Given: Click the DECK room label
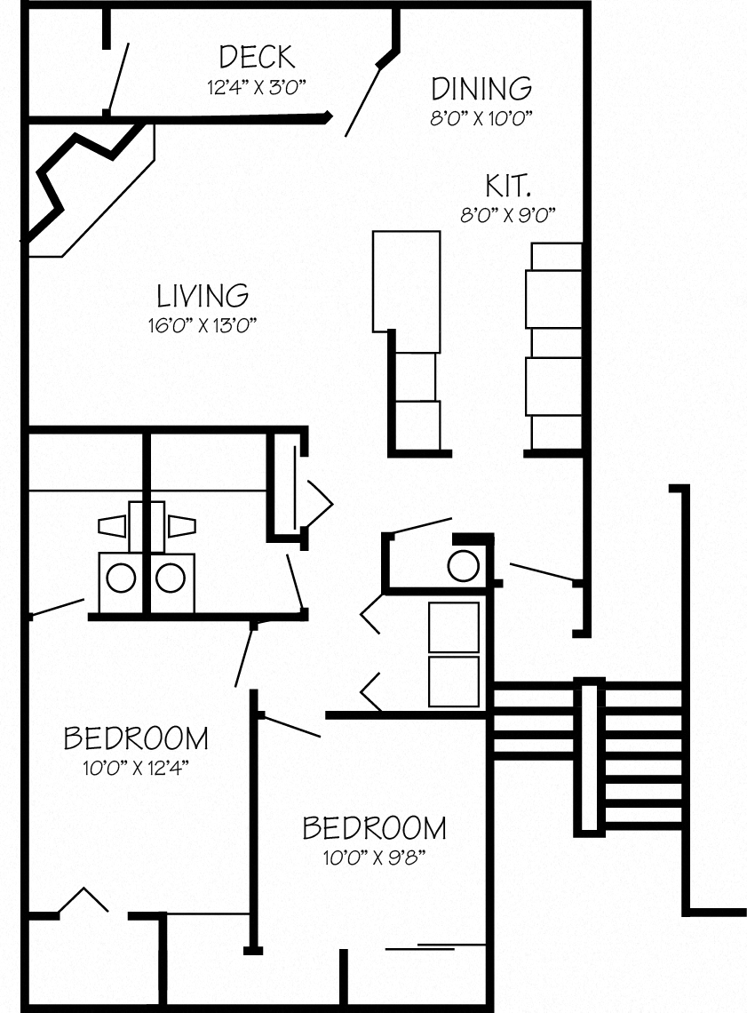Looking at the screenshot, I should point(257,57).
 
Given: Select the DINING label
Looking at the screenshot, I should point(481,89).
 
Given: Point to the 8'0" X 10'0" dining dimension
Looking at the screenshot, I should point(481,119).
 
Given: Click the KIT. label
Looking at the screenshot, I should point(508,187).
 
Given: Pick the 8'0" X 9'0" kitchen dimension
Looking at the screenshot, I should point(508,216).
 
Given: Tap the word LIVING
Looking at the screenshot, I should point(203,295).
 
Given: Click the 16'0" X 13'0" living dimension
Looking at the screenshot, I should point(203,325).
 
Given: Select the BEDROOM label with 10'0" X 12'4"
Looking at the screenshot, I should point(136,738).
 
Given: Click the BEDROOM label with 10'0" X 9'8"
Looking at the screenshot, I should point(374,828).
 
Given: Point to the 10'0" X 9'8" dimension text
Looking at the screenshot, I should point(374,858).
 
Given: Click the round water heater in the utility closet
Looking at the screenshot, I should point(463,566).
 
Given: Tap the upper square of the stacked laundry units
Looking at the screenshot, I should point(454,626).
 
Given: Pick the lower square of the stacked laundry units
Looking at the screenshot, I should point(454,682).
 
